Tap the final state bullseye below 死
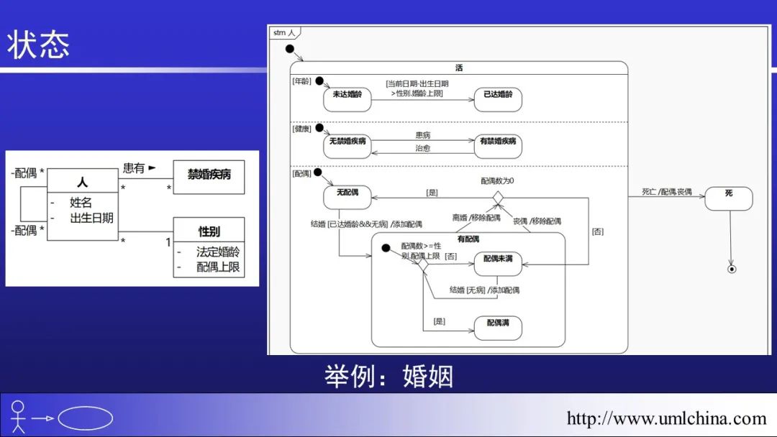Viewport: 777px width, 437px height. point(732,270)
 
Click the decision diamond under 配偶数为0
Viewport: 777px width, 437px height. point(497,197)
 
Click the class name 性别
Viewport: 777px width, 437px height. point(209,231)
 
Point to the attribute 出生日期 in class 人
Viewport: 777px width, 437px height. point(91,218)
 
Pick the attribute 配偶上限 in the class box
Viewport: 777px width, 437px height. point(218,267)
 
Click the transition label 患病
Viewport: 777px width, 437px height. point(423,135)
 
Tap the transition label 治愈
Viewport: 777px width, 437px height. point(423,149)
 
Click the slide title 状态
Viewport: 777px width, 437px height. point(39,45)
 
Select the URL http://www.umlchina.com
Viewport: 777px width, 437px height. point(666,418)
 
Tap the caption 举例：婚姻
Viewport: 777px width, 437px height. point(388,376)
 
